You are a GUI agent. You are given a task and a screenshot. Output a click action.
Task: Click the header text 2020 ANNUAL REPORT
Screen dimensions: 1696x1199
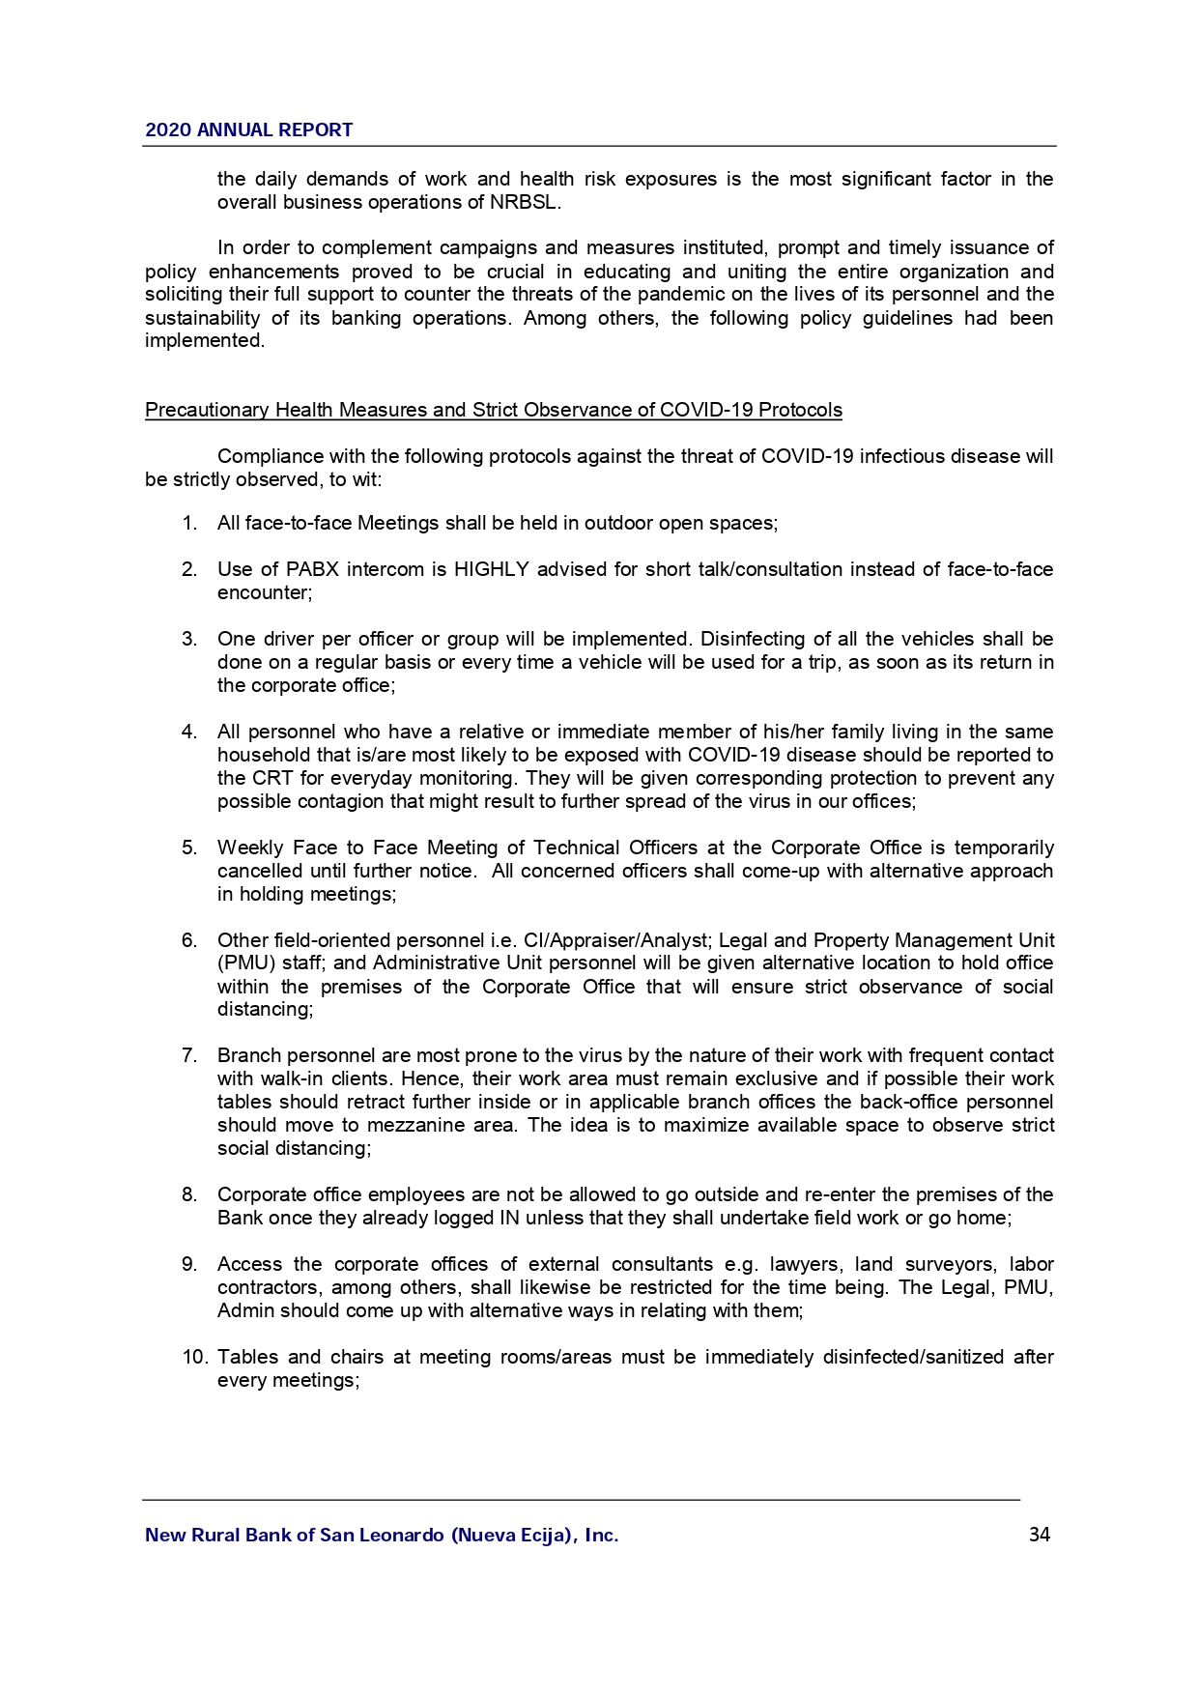coord(248,130)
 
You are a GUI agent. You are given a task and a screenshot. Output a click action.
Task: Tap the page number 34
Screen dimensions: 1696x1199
coord(1040,1535)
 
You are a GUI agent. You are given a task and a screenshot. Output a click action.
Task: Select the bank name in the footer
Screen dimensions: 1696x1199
coord(382,1535)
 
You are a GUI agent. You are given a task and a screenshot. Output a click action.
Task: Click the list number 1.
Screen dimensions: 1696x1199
coord(189,524)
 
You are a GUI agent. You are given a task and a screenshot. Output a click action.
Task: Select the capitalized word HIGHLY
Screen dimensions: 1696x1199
coord(492,569)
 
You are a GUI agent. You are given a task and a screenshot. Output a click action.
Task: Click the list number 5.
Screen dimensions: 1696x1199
coord(189,848)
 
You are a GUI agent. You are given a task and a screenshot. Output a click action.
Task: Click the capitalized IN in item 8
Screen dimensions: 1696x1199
coord(509,1219)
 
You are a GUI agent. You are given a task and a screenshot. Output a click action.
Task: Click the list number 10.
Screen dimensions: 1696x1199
coord(194,1358)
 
